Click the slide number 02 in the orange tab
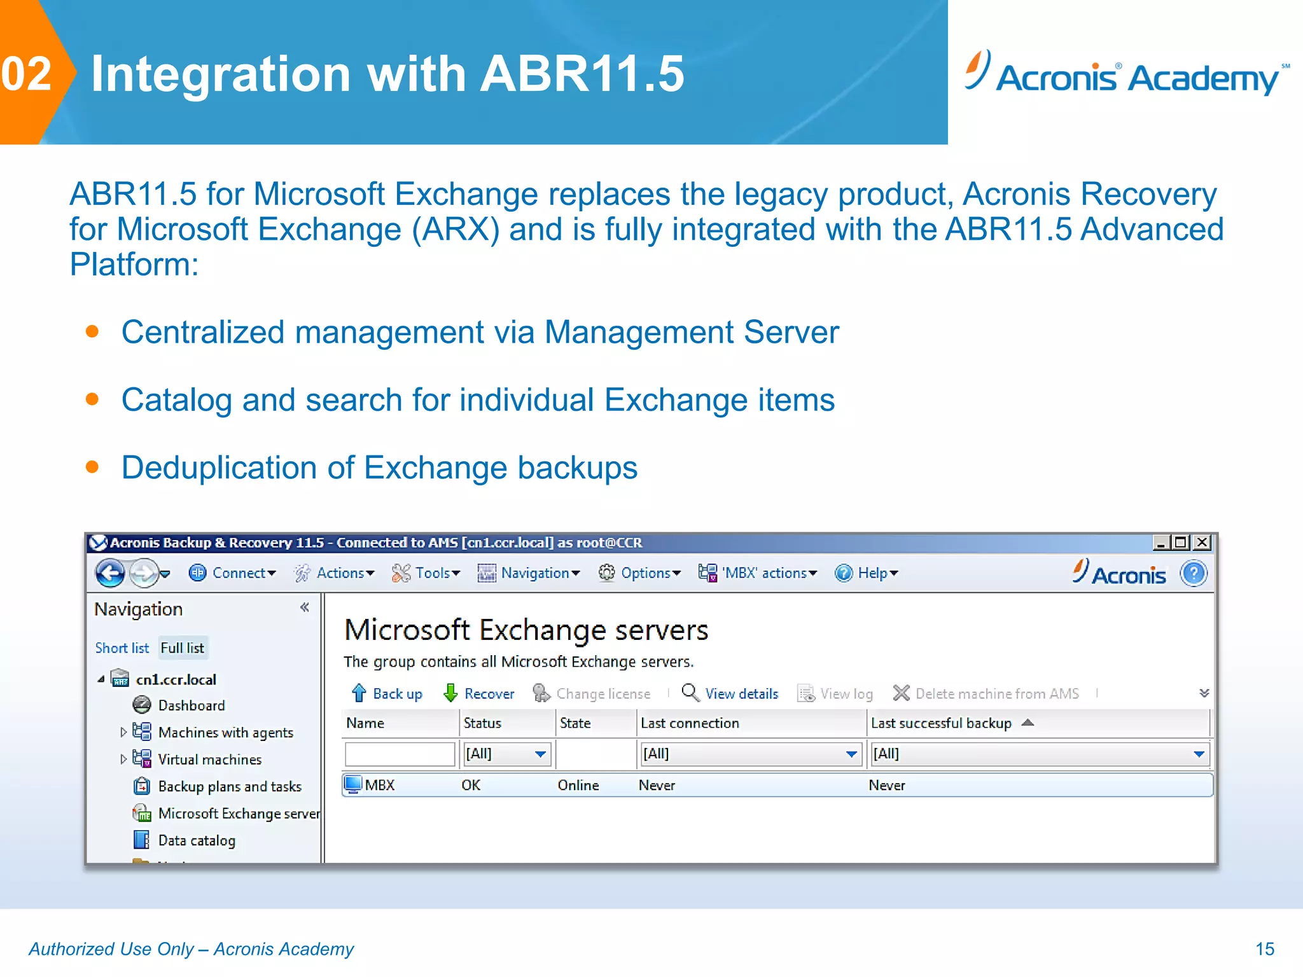pyautogui.click(x=27, y=74)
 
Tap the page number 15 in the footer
pyautogui.click(x=1265, y=949)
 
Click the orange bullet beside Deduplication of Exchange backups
pyautogui.click(x=92, y=468)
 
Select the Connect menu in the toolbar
pyautogui.click(x=232, y=573)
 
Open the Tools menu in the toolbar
pyautogui.click(x=426, y=573)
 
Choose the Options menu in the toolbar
pyautogui.click(x=639, y=573)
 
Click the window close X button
pyautogui.click(x=1202, y=543)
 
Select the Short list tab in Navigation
pyautogui.click(x=122, y=648)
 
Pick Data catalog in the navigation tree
pyautogui.click(x=196, y=840)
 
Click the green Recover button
pyautogui.click(x=479, y=693)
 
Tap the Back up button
pyautogui.click(x=387, y=693)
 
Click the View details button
pyautogui.click(x=730, y=693)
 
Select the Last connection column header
pyautogui.click(x=690, y=723)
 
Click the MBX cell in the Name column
pyautogui.click(x=379, y=785)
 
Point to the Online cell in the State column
pyautogui.click(x=578, y=785)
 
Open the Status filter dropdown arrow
pyautogui.click(x=540, y=754)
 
